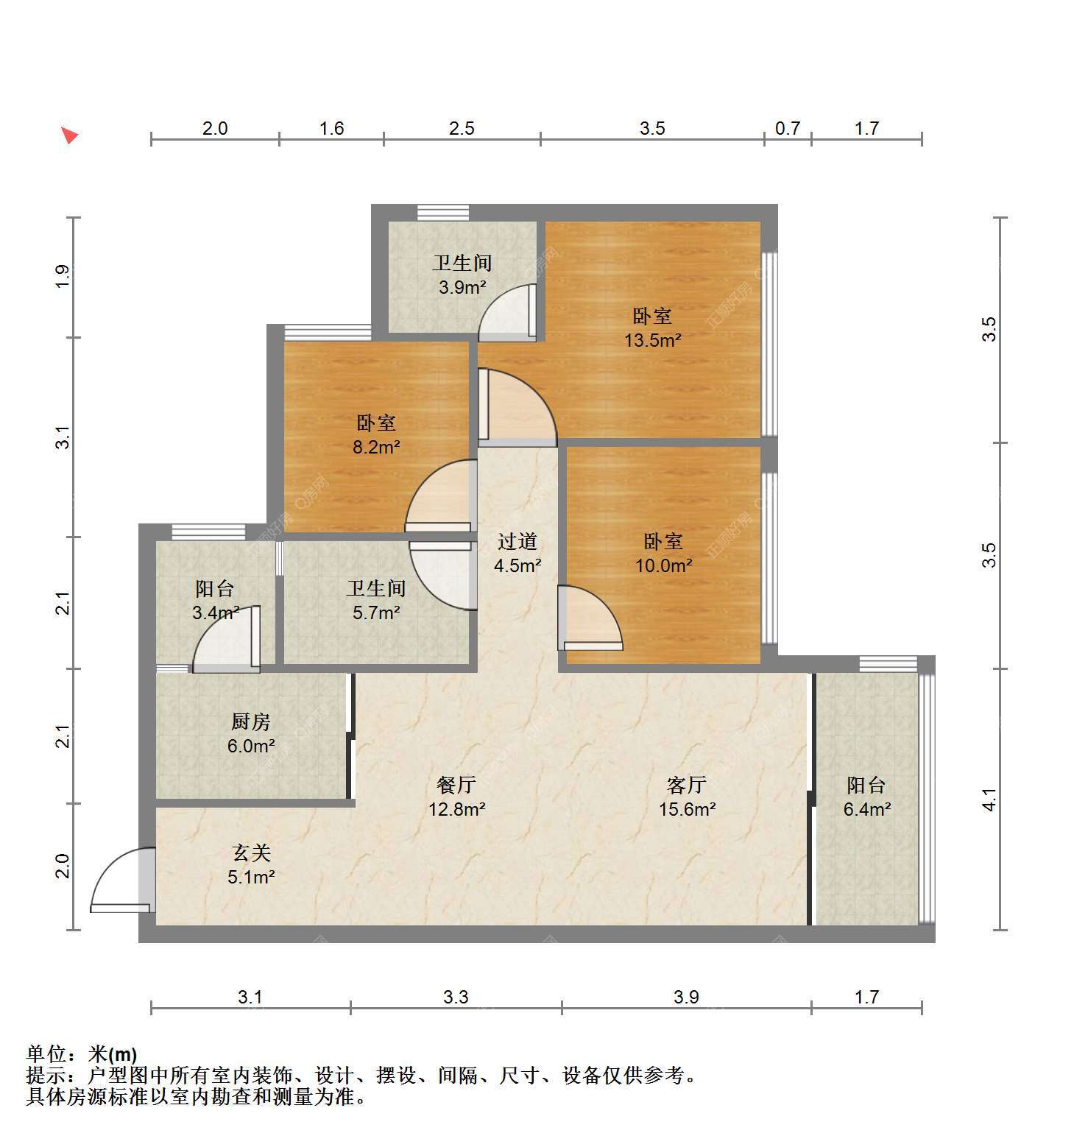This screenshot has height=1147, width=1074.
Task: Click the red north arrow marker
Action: [x=69, y=135]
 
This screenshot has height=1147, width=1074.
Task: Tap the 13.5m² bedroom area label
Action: [x=652, y=341]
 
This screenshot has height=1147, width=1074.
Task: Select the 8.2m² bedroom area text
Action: [x=376, y=447]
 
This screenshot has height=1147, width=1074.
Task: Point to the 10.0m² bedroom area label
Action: [x=663, y=566]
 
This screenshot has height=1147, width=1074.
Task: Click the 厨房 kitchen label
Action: [x=251, y=722]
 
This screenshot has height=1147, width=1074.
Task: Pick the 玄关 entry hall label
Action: [x=251, y=853]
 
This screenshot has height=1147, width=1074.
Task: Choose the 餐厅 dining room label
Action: [x=456, y=786]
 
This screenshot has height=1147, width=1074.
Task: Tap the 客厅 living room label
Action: [x=687, y=786]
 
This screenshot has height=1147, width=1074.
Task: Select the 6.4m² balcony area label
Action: [x=867, y=810]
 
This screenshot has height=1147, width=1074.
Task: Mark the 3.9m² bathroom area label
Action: [x=462, y=288]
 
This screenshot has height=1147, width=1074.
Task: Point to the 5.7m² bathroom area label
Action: [x=376, y=613]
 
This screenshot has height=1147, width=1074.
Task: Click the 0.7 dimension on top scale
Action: [x=787, y=129]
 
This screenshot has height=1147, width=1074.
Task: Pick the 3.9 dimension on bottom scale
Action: [x=686, y=998]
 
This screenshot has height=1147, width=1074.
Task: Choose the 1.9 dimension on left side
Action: [x=64, y=276]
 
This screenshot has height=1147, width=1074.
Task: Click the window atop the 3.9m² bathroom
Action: [x=443, y=213]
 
